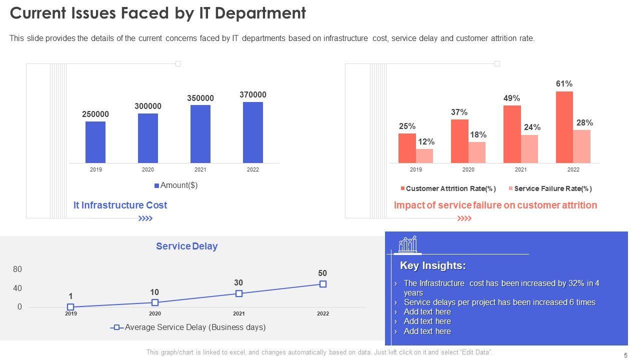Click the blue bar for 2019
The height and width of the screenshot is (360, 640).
[95, 142]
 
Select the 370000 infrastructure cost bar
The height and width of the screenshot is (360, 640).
[253, 132]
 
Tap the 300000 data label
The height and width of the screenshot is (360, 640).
[148, 106]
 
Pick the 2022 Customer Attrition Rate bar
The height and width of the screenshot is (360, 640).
[564, 127]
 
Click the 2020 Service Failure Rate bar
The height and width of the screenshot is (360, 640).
[477, 152]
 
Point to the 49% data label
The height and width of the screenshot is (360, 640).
[511, 98]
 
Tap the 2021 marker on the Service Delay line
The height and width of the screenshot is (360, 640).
[239, 293]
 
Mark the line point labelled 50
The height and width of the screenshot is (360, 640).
[323, 284]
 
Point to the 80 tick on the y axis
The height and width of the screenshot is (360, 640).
[17, 269]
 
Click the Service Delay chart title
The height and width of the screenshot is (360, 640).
[186, 246]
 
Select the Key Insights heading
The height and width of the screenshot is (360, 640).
[433, 265]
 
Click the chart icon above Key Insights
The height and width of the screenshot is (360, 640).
[408, 244]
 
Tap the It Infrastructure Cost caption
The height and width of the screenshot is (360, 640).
[120, 205]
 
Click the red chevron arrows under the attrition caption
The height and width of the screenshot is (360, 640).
[464, 218]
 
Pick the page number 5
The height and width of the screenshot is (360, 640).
[625, 355]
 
